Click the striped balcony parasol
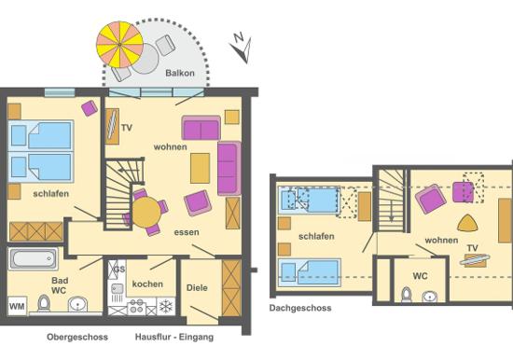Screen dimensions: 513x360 (119, 45)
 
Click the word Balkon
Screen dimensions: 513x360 (180, 73)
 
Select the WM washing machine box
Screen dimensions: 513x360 (17, 306)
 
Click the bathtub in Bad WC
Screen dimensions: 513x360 (33, 258)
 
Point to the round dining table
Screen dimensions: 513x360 (146, 212)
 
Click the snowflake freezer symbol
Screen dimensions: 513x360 (166, 306)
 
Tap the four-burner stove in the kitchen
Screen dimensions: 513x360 (136, 306)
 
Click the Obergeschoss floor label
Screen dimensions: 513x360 (77, 337)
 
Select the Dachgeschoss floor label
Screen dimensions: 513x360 (300, 308)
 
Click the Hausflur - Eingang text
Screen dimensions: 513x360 (174, 337)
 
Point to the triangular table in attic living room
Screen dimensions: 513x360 (467, 224)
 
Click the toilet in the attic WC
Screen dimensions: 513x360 (406, 295)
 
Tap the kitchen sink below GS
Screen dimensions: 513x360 (117, 289)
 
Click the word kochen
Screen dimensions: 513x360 (147, 284)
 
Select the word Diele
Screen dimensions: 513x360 (197, 287)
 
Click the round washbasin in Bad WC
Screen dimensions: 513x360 (77, 305)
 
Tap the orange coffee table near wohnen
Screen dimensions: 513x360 (200, 168)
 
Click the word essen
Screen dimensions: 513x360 (187, 232)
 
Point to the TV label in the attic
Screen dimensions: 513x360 (473, 248)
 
